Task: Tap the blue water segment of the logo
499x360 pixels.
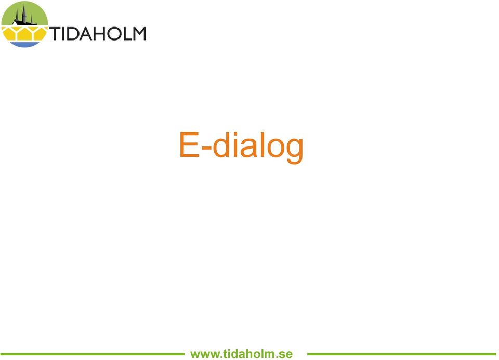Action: pyautogui.click(x=24, y=45)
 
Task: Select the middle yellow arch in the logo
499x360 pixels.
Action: pyautogui.click(x=24, y=33)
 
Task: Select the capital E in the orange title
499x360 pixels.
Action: pyautogui.click(x=189, y=144)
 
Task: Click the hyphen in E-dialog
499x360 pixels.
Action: pyautogui.click(x=206, y=148)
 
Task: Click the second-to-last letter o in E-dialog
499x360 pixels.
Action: pyautogui.click(x=275, y=148)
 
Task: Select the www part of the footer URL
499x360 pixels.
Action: pyautogui.click(x=204, y=354)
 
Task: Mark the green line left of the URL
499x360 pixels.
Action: pyautogui.click(x=93, y=354)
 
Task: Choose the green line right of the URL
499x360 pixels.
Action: pyautogui.click(x=402, y=354)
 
